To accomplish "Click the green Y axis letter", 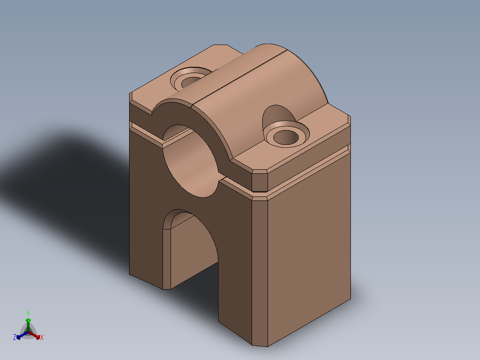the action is tap(28, 313).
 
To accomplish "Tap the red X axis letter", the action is tap(42, 337).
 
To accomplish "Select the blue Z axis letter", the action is tap(15, 337).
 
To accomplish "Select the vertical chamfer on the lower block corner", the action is tap(260, 273).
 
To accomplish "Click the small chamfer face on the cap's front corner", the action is tap(260, 181).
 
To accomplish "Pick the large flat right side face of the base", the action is tap(309, 245).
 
